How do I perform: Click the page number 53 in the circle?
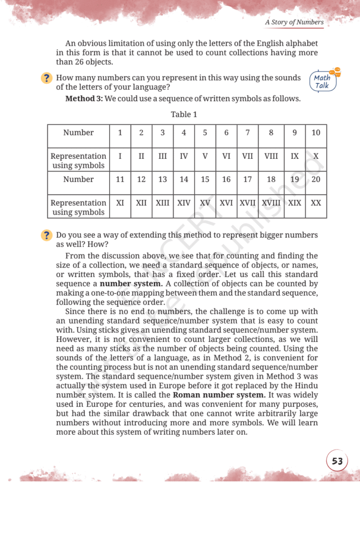337,461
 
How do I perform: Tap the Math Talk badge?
322,81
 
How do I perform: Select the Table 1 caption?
184,114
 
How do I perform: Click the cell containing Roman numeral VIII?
271,156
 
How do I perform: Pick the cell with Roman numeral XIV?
184,202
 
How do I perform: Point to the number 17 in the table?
247,179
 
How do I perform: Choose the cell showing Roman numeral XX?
316,202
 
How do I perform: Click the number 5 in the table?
205,133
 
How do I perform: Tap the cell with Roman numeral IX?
294,156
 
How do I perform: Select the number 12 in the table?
141,179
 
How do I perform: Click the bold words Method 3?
84,98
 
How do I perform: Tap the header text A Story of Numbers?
294,22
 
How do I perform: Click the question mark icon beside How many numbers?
47,78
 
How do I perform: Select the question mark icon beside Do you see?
47,235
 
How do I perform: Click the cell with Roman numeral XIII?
162,202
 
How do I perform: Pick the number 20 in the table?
316,179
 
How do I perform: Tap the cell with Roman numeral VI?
226,156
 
